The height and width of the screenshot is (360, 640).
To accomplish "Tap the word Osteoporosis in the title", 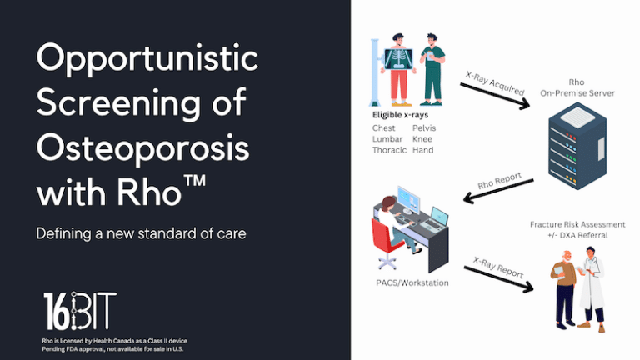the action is pos(142,147).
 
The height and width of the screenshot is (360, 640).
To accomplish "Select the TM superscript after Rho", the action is pos(194,181).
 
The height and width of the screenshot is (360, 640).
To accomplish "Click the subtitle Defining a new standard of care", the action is pos(141,233).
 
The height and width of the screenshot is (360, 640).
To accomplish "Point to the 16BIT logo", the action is pos(80,311).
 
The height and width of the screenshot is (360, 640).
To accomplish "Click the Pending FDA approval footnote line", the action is pos(112,349).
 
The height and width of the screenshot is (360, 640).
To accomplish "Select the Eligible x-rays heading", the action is pos(400,115).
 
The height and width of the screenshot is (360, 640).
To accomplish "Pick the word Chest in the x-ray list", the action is pos(383,128).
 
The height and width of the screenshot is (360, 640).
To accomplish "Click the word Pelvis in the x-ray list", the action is pos(424,128).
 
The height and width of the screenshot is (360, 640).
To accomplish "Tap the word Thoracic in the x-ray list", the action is pos(389,150).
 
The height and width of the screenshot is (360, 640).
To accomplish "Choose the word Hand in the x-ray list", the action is pos(422,150).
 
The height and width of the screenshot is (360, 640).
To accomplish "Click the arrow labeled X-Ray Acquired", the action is pos(495,96).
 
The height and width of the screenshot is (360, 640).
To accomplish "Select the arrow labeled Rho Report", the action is pos(498,191).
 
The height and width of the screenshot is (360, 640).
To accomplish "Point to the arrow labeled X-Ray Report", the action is pos(499,279).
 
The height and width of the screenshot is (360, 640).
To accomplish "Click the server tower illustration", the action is pos(577,146).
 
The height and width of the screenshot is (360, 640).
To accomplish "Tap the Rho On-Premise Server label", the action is pos(577,87).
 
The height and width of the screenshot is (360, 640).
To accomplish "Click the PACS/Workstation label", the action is pos(412,282).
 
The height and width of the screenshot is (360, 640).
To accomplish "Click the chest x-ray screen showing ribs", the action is pos(399,58).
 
